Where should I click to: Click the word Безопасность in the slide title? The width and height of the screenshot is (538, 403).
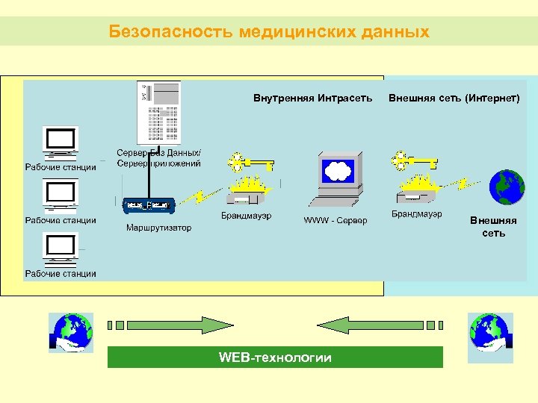[x=171, y=31]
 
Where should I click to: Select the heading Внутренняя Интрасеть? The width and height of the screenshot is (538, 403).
[x=312, y=98]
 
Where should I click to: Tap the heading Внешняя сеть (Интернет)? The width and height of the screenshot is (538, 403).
[x=454, y=98]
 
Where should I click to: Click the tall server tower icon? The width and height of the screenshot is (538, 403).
[x=158, y=112]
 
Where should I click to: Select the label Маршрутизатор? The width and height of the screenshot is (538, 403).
[x=158, y=228]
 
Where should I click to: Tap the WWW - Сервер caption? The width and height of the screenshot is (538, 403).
[x=335, y=221]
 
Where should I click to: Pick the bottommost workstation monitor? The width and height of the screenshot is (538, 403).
[x=61, y=248]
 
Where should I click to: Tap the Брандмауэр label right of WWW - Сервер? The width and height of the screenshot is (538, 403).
[x=416, y=214]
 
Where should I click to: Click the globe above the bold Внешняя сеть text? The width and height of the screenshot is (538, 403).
[x=507, y=187]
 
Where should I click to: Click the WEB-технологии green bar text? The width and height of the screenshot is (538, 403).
[x=275, y=357]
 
